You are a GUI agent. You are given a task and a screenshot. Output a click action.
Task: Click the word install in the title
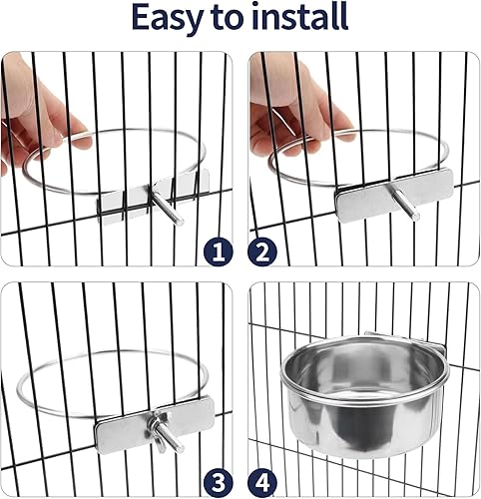(300, 18)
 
